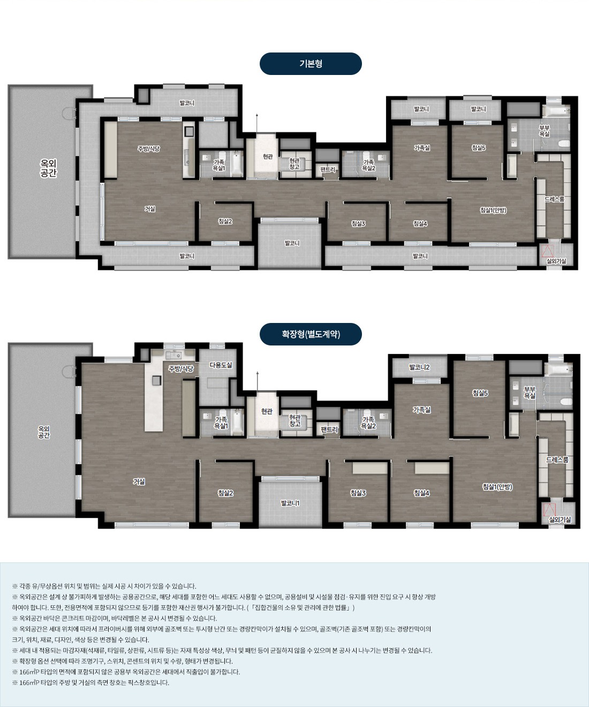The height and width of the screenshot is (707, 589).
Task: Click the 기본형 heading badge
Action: tap(311, 64)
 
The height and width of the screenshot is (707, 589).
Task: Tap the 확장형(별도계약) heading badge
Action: tap(311, 334)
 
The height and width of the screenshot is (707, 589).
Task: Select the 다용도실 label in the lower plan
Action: tap(221, 365)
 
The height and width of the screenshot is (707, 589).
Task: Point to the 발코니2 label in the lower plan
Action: tap(419, 367)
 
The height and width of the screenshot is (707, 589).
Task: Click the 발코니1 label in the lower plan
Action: tap(290, 503)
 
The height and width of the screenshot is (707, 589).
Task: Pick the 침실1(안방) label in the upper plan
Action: tap(493, 210)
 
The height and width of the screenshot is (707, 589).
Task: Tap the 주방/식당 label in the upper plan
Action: tap(149, 148)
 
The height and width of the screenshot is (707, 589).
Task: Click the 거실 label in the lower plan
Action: tap(139, 481)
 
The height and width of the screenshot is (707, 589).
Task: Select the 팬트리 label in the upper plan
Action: tap(328, 169)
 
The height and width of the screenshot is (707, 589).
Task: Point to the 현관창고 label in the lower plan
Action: tap(295, 420)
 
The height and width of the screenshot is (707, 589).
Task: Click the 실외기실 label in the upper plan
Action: tap(556, 261)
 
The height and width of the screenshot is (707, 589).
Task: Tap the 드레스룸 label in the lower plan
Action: tap(557, 460)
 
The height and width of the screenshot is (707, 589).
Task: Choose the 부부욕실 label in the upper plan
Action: tap(545, 131)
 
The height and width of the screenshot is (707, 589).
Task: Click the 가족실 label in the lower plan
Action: tap(421, 410)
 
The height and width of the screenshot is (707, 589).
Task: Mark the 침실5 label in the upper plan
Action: tap(479, 148)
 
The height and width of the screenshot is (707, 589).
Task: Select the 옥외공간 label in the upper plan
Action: tap(48, 168)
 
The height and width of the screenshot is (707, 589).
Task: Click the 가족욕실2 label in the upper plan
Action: tap(368, 166)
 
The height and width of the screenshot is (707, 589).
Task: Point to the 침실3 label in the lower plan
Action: tap(358, 493)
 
